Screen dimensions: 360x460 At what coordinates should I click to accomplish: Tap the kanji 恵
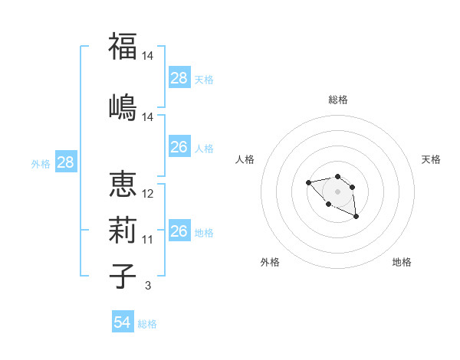tap(122, 185)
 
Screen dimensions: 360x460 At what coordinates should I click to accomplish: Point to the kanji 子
tap(122, 275)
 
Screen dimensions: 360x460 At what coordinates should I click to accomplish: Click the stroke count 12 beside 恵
tap(148, 194)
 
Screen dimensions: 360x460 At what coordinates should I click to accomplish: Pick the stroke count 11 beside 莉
tap(148, 240)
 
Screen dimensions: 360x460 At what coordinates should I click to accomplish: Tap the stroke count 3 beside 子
tap(148, 286)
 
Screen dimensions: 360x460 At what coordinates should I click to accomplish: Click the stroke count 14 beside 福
tap(148, 56)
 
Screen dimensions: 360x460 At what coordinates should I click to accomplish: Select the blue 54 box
tap(123, 322)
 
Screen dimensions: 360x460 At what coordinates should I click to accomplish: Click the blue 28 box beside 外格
tap(65, 162)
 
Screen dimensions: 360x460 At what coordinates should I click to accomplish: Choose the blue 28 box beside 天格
tap(179, 78)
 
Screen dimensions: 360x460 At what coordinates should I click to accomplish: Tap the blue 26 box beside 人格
tap(179, 147)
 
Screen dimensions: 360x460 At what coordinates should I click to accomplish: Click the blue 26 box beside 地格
tap(179, 231)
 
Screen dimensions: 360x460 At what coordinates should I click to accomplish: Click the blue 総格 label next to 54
tap(147, 324)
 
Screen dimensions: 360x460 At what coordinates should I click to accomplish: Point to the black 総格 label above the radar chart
tap(338, 100)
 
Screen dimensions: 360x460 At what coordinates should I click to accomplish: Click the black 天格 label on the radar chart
tap(431, 159)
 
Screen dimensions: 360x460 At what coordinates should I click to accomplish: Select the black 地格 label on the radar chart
tap(402, 262)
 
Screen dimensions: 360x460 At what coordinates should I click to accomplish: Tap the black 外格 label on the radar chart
tap(270, 262)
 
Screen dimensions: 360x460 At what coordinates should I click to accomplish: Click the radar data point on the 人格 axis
tap(308, 182)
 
